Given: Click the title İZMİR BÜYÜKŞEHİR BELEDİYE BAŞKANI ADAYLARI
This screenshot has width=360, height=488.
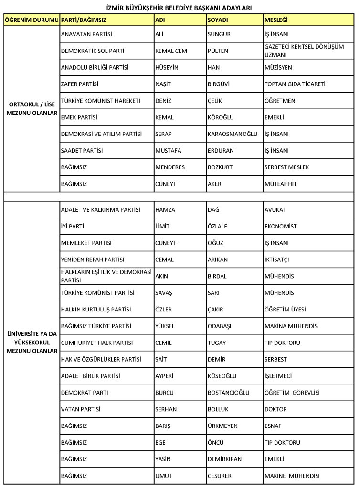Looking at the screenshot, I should click(x=180, y=7).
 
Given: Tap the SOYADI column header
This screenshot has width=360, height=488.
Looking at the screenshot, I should click(x=218, y=20).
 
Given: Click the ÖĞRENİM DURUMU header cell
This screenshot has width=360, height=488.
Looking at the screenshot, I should click(x=31, y=20).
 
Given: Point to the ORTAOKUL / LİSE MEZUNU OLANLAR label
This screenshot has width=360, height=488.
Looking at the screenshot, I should click(x=32, y=109).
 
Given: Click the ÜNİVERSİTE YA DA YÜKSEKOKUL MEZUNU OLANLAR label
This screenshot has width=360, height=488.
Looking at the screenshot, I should click(x=32, y=343).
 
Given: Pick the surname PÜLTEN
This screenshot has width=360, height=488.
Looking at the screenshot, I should click(x=218, y=51).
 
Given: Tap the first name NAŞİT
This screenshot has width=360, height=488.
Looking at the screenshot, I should click(x=163, y=84).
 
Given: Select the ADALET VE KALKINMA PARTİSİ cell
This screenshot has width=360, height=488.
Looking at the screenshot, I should click(x=101, y=210).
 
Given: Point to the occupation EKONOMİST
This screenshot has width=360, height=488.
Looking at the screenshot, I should click(x=280, y=227).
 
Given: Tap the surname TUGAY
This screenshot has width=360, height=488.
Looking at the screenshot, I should click(x=217, y=343).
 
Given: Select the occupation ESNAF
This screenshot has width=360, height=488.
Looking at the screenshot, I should click(x=273, y=426).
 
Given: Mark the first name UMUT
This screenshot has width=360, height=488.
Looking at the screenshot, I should click(x=163, y=476).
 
